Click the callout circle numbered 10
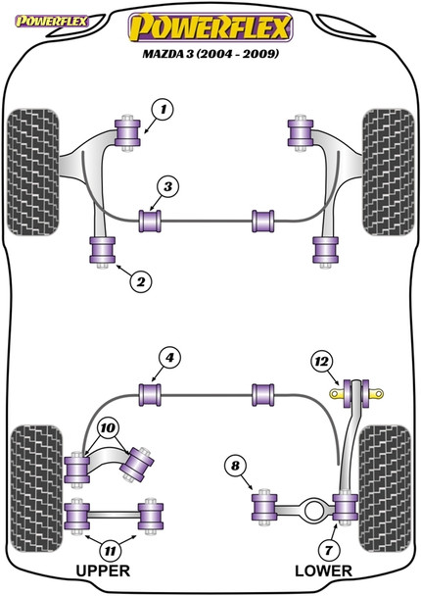coord(108,427)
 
